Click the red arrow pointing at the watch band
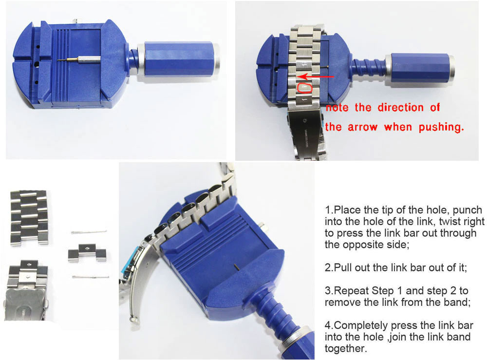click(315, 76)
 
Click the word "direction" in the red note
click(400, 108)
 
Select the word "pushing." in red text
click(441, 127)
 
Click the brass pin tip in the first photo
click(68, 59)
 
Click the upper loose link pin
click(89, 232)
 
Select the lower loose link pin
click(91, 276)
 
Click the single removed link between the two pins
click(87, 253)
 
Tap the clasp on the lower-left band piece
click(25, 304)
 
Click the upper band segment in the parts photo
click(29, 218)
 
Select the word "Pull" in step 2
click(343, 267)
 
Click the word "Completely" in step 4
click(361, 325)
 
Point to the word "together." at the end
click(346, 348)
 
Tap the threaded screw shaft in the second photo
click(369, 68)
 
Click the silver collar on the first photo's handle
click(141, 59)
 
